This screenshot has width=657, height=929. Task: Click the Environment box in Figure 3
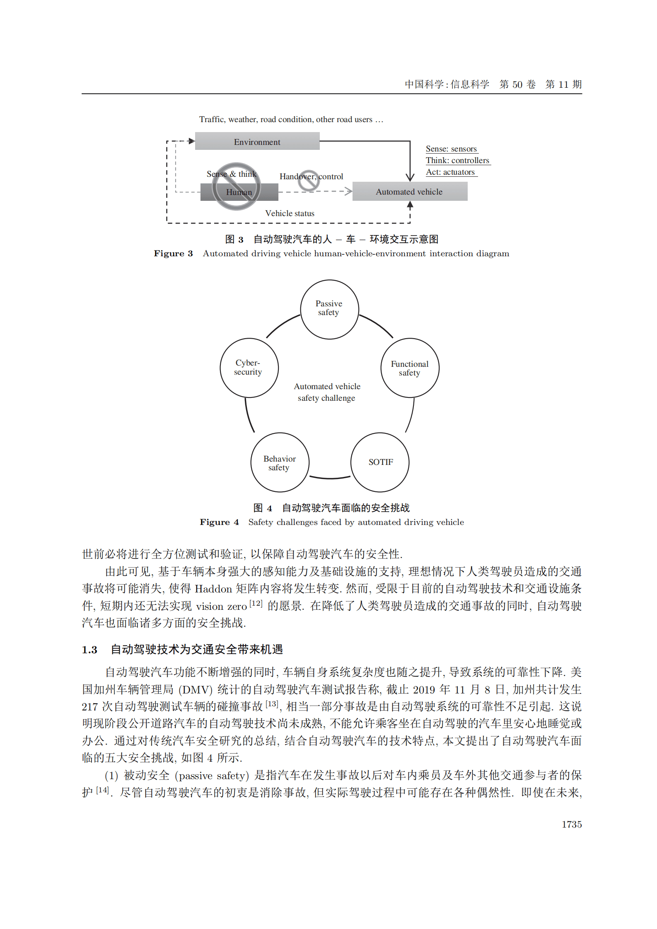click(257, 142)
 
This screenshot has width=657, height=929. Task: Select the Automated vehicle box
click(409, 192)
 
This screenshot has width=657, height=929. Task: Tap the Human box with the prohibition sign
click(239, 192)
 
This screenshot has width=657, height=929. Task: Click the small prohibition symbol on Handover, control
click(309, 181)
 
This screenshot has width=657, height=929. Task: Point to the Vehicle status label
click(290, 213)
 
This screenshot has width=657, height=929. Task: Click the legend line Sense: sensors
click(451, 149)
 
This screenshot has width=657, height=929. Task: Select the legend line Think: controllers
click(457, 160)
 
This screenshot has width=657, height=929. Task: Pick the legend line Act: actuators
click(450, 172)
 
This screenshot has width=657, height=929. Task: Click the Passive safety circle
click(329, 309)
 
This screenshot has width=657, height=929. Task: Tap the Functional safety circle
click(409, 368)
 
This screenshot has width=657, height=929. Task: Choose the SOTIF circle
click(380, 462)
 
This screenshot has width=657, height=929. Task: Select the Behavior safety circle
click(280, 462)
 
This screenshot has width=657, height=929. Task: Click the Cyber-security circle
click(249, 368)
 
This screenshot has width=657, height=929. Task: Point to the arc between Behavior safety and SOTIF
click(330, 477)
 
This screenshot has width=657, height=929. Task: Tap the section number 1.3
click(89, 650)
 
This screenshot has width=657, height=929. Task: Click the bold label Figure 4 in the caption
click(219, 522)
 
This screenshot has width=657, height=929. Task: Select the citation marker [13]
click(272, 703)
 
